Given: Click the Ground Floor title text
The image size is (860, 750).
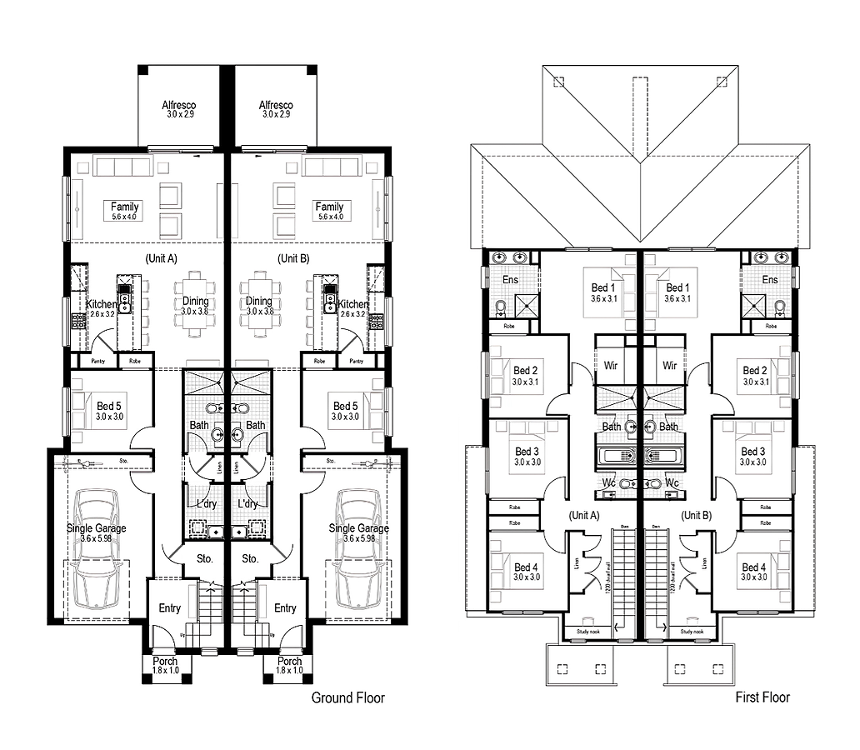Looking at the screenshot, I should point(347,697).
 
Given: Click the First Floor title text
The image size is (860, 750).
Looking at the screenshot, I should point(762,697).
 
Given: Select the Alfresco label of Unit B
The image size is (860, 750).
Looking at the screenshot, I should point(276,106).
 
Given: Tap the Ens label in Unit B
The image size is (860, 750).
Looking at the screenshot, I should point(770,280).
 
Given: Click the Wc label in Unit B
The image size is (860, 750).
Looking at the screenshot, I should point(672,482).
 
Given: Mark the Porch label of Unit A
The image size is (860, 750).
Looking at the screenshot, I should point(165,662).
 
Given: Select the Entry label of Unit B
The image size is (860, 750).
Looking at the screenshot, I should point(285,608).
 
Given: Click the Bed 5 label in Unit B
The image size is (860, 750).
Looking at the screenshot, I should point(345,407).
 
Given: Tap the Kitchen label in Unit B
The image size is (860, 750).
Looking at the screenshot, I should point(353,305).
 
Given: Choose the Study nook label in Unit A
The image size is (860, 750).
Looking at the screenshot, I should point(587,632).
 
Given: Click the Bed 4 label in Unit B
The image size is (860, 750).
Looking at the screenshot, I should point(755,567).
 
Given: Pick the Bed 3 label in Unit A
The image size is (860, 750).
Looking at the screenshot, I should point(527,452).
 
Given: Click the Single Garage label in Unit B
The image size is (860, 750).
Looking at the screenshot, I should point(357,528).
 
